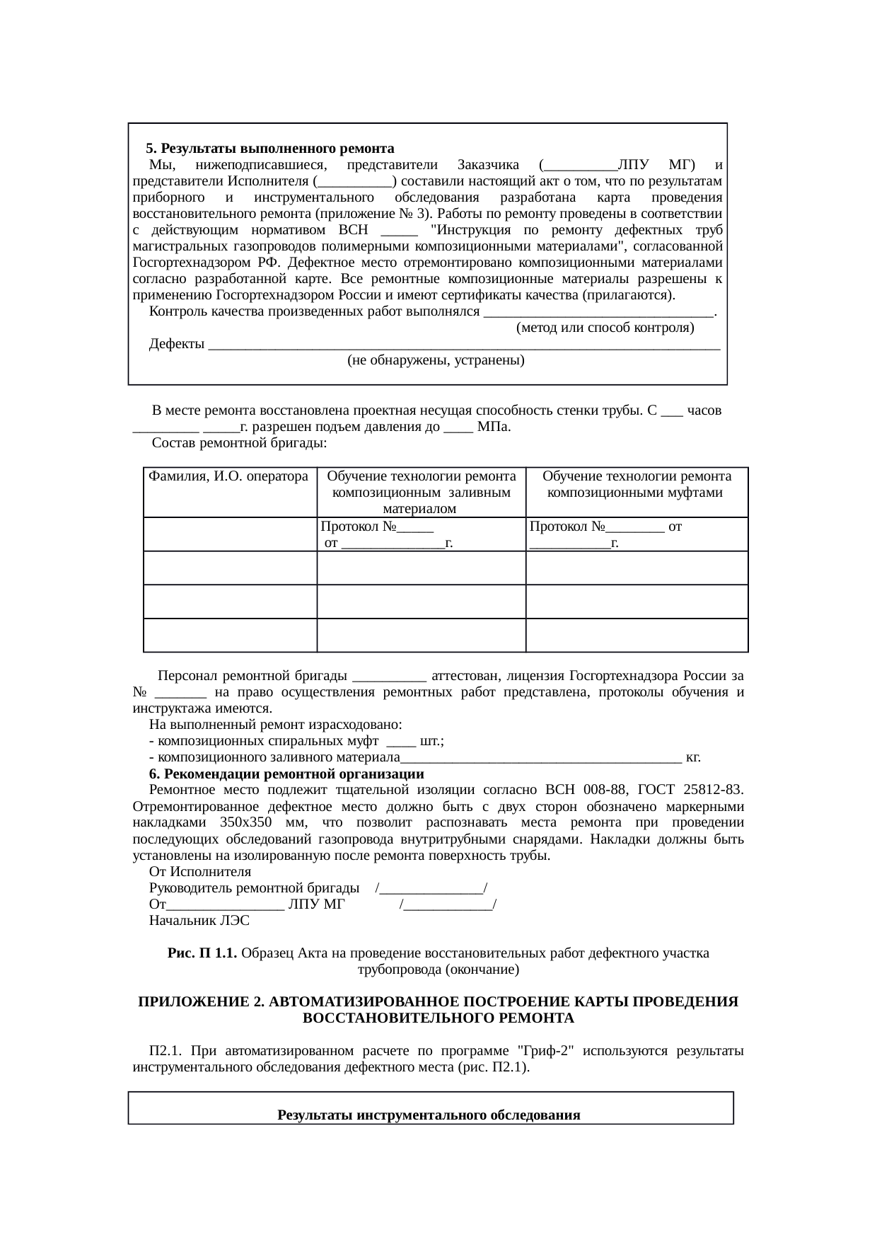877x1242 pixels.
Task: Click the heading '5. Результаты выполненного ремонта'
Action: (x=269, y=149)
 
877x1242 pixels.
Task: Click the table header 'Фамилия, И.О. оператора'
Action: (x=228, y=476)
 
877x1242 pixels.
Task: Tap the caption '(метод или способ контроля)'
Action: (x=605, y=328)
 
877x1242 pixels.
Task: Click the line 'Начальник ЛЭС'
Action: (x=199, y=921)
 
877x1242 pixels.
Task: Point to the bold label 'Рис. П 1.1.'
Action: (x=202, y=953)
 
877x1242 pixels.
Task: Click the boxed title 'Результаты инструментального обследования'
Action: (x=429, y=1115)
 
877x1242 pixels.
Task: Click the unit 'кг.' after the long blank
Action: (x=693, y=757)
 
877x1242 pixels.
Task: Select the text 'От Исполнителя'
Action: (x=199, y=872)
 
